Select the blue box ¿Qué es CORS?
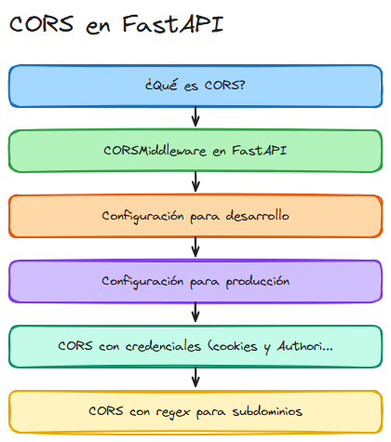click(x=195, y=87)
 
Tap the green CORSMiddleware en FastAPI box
click(x=195, y=151)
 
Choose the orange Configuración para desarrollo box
click(x=195, y=216)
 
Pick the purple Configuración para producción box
click(x=195, y=281)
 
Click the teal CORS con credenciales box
click(x=195, y=346)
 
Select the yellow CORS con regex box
click(x=195, y=410)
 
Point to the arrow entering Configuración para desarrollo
click(x=195, y=183)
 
